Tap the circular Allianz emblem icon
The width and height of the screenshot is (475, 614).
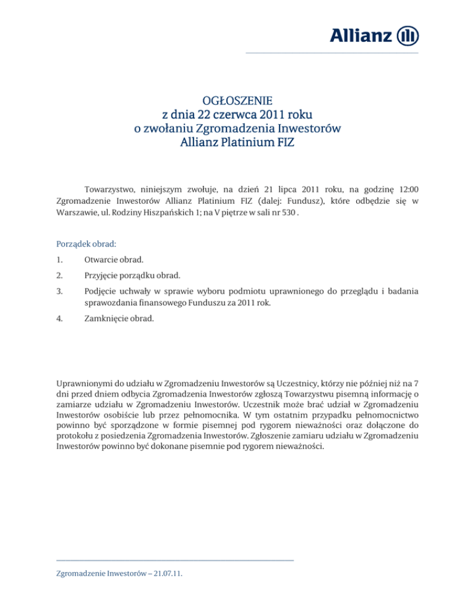coord(406,35)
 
